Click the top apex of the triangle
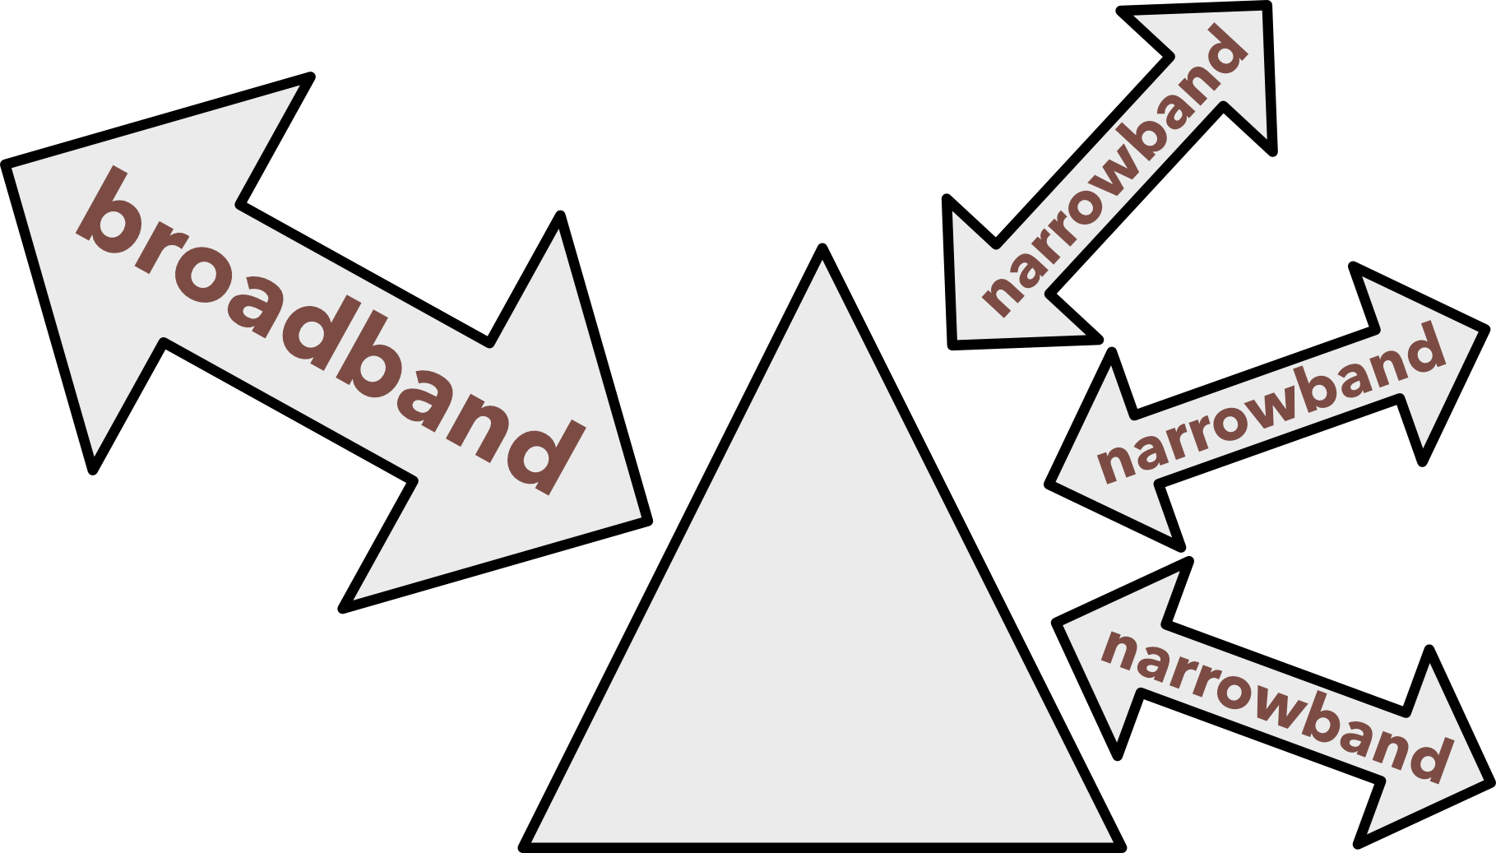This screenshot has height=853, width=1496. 822,271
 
